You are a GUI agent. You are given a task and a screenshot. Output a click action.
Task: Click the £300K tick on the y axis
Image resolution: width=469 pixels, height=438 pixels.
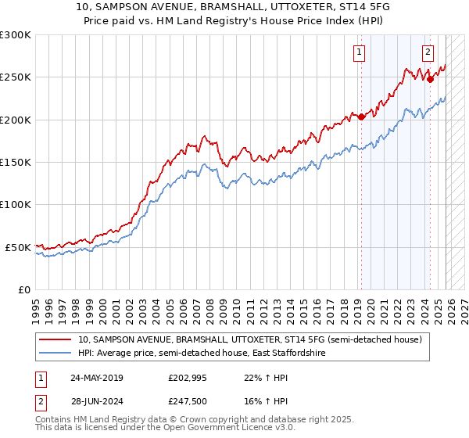tap(16, 35)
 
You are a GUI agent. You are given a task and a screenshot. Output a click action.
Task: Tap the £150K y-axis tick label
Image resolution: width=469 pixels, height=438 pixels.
tap(16, 163)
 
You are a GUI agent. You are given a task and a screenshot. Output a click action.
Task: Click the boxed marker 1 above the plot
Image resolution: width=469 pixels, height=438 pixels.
tap(359, 53)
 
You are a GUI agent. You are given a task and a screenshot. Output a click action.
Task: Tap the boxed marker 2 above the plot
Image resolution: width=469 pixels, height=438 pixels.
tap(428, 53)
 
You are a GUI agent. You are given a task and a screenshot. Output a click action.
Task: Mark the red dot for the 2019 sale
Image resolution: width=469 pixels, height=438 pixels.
tap(362, 117)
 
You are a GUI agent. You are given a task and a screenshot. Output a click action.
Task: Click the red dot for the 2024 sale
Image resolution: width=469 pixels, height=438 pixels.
tap(431, 80)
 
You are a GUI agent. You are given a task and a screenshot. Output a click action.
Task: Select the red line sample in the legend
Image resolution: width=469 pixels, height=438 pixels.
tap(55, 340)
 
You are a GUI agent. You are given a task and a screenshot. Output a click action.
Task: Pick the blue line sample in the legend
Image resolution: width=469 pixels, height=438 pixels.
tap(55, 354)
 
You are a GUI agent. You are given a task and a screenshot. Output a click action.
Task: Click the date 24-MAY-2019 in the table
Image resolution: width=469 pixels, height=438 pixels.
tap(96, 378)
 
